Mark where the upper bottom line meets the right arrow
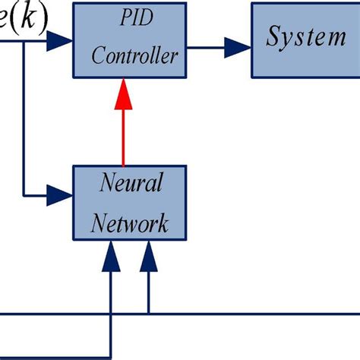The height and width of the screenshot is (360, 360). pos(148,313)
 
